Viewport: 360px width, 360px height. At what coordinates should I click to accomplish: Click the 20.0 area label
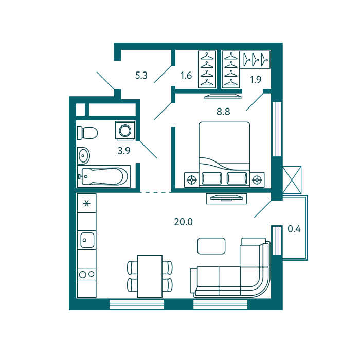[183, 222]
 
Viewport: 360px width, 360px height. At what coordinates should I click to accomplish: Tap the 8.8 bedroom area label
[223, 112]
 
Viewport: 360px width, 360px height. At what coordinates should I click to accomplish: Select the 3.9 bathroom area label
[124, 151]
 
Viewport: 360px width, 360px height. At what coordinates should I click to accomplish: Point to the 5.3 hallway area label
[141, 75]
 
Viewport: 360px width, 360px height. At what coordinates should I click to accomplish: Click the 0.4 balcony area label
[294, 229]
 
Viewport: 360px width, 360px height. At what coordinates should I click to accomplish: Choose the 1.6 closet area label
[186, 75]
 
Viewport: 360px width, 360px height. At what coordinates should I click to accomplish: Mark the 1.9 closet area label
[256, 80]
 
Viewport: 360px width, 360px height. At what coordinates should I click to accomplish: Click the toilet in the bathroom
[87, 133]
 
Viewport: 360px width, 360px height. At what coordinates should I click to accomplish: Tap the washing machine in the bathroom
[125, 131]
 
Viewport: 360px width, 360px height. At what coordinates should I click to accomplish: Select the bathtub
[104, 176]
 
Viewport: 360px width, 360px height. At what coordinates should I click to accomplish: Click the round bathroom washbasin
[83, 156]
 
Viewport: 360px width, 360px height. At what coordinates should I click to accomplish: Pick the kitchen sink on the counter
[87, 240]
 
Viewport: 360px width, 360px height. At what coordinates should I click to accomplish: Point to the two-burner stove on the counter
[86, 274]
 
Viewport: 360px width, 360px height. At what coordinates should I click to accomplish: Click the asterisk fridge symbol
[86, 204]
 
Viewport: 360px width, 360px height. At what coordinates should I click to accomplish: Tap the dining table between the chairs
[150, 276]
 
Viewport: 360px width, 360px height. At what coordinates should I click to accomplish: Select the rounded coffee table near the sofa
[211, 246]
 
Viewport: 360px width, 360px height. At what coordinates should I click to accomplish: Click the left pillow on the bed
[212, 178]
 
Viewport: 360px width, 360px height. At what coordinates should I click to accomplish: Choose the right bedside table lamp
[257, 180]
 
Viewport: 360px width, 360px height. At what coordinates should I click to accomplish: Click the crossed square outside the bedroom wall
[292, 180]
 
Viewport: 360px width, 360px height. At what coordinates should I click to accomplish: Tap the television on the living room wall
[226, 198]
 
